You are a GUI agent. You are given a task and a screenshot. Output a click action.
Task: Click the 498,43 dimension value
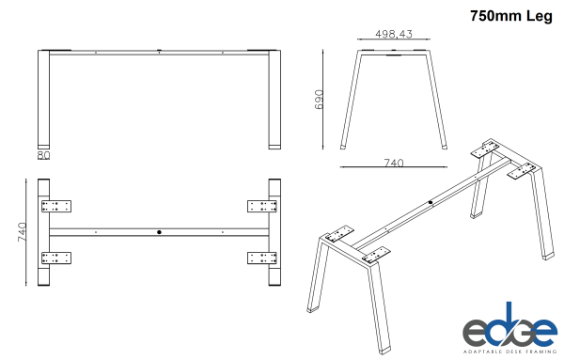click(394, 34)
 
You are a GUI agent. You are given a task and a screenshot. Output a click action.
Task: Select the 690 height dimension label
click(320, 101)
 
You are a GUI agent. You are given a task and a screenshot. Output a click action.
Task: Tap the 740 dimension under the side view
click(392, 164)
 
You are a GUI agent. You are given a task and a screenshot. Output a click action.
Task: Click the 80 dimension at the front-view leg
click(43, 154)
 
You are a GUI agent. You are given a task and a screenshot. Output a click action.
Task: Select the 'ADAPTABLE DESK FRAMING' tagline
click(509, 351)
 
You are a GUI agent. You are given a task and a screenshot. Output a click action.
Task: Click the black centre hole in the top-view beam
click(159, 231)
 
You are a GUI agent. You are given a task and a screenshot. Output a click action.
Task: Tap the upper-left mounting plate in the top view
click(56, 206)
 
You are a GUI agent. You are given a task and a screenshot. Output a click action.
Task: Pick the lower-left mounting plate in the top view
click(56, 257)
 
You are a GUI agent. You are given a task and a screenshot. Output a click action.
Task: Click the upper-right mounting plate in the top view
click(262, 206)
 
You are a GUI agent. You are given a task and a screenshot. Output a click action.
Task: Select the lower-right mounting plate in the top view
click(262, 257)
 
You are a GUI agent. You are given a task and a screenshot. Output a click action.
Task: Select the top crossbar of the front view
click(159, 54)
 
